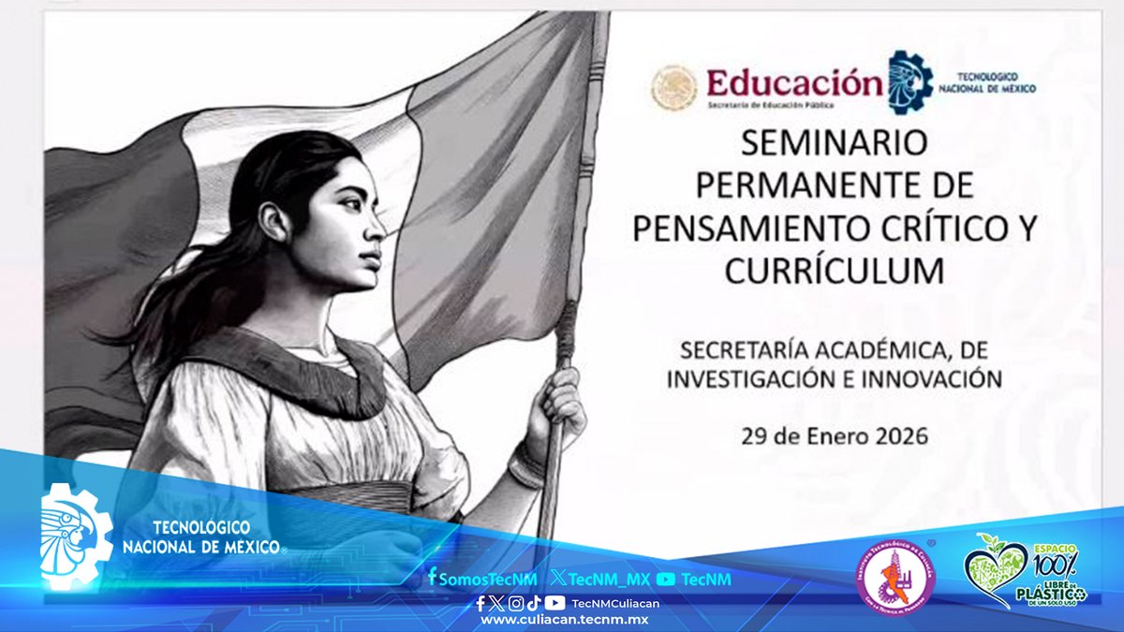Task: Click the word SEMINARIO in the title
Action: [x=834, y=143]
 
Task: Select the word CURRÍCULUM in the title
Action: [x=834, y=271]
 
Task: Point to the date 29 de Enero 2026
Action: [x=834, y=435]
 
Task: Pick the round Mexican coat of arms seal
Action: [x=674, y=87]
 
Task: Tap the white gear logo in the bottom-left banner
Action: [x=75, y=536]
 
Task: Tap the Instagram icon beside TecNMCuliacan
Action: [x=515, y=603]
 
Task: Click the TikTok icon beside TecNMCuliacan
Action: [x=533, y=603]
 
